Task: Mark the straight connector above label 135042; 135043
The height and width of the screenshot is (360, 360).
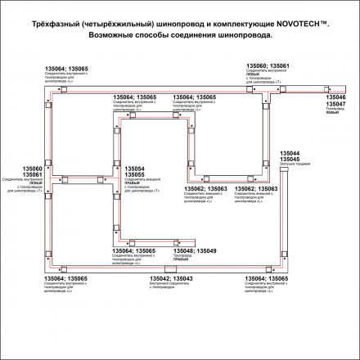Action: pyautogui.click(x=169, y=270)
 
